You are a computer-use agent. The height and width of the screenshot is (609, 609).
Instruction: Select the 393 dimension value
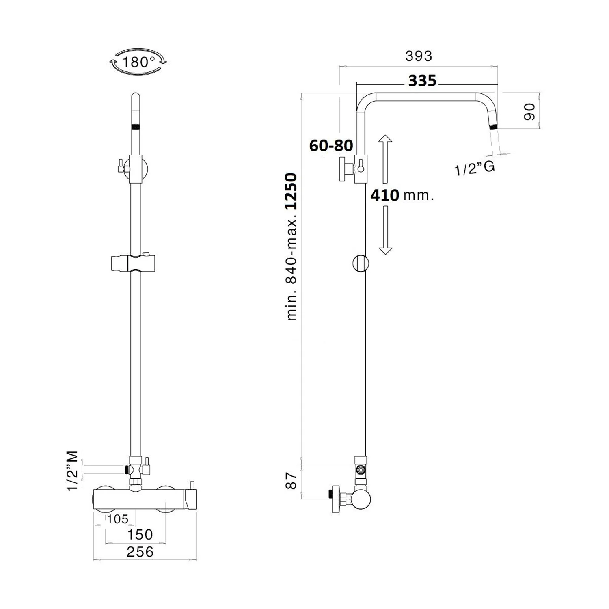[419, 56]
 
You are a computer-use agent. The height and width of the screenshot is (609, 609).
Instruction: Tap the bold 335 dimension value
[422, 81]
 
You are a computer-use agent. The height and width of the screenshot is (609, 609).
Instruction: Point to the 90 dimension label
[529, 111]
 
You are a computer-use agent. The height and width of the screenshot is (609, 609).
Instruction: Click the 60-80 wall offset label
[331, 145]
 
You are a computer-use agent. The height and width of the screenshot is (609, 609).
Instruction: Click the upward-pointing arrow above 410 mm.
[385, 159]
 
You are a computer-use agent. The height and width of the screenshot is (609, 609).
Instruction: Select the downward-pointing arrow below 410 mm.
[385, 230]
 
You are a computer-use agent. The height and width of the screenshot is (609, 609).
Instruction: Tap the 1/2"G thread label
[474, 168]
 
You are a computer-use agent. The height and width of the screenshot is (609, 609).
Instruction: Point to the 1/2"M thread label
[72, 471]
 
